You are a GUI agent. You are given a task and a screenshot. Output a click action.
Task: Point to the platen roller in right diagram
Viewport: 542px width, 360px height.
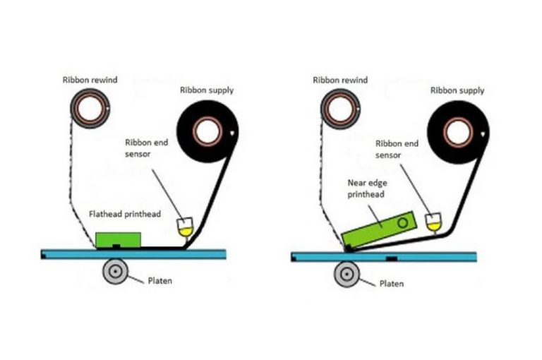(x=347, y=272)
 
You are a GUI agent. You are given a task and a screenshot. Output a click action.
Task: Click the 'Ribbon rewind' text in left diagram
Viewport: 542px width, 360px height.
(x=89, y=80)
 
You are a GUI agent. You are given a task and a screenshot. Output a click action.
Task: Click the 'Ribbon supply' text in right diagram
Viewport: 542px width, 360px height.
(x=457, y=90)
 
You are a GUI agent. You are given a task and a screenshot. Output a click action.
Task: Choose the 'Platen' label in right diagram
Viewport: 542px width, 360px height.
(x=392, y=283)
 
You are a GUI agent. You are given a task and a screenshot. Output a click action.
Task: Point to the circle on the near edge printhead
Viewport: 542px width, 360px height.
(x=402, y=222)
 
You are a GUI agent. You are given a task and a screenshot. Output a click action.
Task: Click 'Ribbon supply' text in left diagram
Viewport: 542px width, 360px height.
(x=207, y=90)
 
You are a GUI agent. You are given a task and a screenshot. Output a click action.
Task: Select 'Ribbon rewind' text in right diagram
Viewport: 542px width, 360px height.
(x=340, y=80)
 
